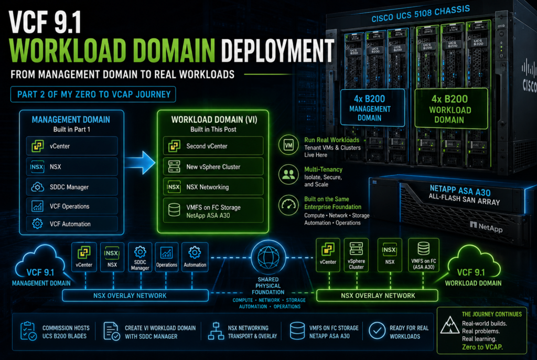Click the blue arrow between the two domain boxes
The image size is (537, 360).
140,163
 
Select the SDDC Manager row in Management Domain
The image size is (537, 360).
72,187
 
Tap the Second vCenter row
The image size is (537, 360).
213,146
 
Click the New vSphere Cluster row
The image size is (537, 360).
213,167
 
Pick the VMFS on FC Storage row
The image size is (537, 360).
213,211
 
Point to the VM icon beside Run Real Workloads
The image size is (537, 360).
288,145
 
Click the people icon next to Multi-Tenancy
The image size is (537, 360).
288,175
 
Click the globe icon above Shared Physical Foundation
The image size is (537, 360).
268,257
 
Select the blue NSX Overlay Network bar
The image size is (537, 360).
135,295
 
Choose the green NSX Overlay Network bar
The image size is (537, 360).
378,295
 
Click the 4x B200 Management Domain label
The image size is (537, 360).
373,108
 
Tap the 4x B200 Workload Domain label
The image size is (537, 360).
450,109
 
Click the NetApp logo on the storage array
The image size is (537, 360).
486,227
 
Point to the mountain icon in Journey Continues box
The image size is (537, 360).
449,325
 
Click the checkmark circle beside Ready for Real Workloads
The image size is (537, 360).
377,331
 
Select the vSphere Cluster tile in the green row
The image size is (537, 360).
356,255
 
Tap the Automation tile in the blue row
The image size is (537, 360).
195,257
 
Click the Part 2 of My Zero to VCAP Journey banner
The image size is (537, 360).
93,94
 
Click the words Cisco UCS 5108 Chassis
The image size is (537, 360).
421,14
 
